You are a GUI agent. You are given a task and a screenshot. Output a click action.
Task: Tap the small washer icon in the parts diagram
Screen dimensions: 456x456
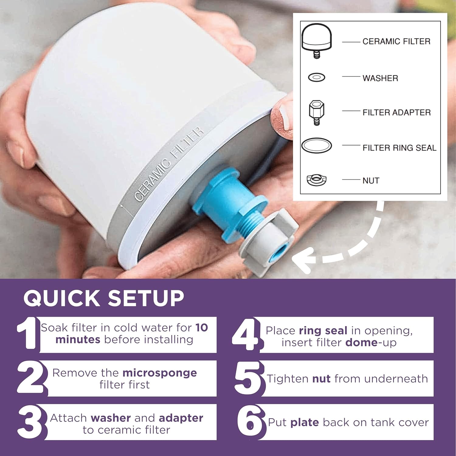(316, 78)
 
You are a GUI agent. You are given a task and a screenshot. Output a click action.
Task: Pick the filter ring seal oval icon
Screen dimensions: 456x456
(316, 146)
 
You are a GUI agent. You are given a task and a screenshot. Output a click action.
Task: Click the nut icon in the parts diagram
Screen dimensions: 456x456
(316, 180)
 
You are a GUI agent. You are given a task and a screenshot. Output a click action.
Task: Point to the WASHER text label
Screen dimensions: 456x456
(380, 78)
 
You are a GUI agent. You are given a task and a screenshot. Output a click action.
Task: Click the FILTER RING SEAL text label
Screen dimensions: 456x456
(399, 148)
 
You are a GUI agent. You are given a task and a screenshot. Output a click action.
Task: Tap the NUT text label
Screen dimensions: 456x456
(371, 181)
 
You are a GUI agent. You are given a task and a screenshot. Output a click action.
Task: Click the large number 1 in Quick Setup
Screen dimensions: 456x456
(28, 333)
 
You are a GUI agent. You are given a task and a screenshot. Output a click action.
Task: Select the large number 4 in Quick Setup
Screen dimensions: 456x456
(246, 334)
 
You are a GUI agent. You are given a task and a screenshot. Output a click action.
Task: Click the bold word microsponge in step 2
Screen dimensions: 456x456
(160, 373)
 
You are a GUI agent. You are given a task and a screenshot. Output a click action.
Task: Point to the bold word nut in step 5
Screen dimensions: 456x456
(321, 379)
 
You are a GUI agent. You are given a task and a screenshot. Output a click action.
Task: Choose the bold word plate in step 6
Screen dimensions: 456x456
(305, 423)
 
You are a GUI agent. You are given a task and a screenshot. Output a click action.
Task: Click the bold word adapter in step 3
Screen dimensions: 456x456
(181, 418)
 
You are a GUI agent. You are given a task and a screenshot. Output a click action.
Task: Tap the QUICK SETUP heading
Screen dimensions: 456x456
(104, 298)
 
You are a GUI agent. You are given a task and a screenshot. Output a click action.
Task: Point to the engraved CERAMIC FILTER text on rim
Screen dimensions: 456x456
(169, 164)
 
